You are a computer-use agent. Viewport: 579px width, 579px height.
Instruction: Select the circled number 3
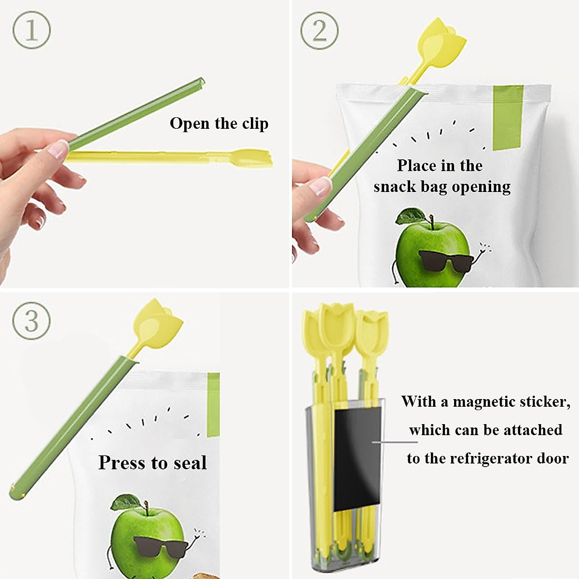pos(31,320)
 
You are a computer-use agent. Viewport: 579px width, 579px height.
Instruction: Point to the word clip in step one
pos(255,124)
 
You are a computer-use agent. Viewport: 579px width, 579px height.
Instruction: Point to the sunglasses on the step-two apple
pos(445,261)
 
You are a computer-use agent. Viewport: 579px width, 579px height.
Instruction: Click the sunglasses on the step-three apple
pos(161,546)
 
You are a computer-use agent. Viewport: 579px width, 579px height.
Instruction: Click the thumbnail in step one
pos(57,149)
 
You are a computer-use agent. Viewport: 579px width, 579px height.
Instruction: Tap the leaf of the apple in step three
pos(126,501)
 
